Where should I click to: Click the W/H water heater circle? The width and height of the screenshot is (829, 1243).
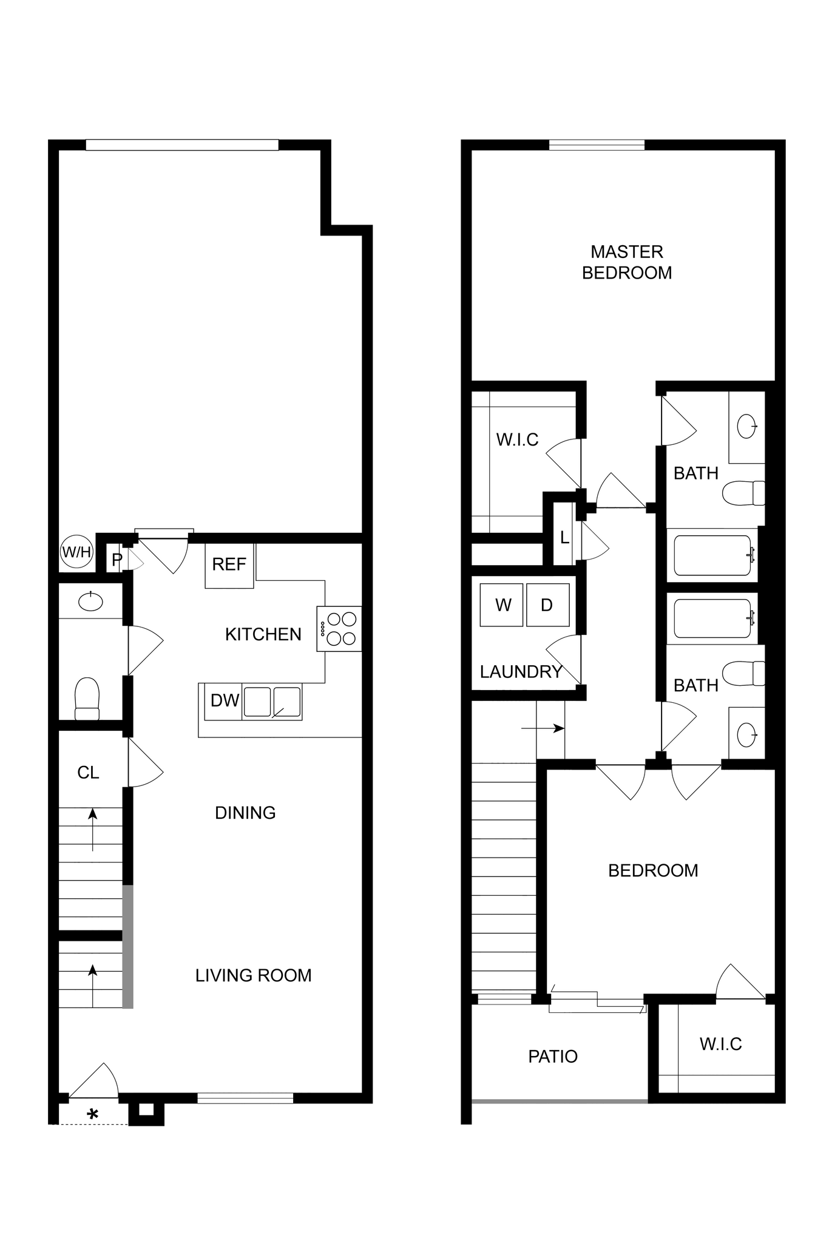point(76,552)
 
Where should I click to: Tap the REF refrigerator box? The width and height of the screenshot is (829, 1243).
point(229,565)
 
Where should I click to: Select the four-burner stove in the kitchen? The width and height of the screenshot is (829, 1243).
point(339,629)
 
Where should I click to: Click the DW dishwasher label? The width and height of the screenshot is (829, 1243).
point(225,700)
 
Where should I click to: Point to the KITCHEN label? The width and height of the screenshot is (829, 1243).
point(263,635)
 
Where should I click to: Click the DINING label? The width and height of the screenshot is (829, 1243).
point(245,813)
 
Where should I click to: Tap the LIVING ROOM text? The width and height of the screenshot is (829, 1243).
point(253,975)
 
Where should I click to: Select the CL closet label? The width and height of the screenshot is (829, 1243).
point(88,773)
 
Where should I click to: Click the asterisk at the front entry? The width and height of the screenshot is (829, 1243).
point(93,1115)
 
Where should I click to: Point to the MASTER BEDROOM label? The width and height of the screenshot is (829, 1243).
point(627,262)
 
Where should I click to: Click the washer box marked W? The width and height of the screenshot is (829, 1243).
point(502,605)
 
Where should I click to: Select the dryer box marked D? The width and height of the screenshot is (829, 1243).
point(547,605)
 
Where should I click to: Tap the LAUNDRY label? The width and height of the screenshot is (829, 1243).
point(521,672)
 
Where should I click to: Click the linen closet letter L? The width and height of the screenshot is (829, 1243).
point(564,538)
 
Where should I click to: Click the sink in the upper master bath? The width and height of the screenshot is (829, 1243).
point(746,426)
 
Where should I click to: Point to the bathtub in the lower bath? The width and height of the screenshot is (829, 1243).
point(712,618)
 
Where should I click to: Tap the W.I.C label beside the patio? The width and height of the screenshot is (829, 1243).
point(720,1044)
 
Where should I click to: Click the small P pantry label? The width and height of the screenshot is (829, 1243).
point(117,560)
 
